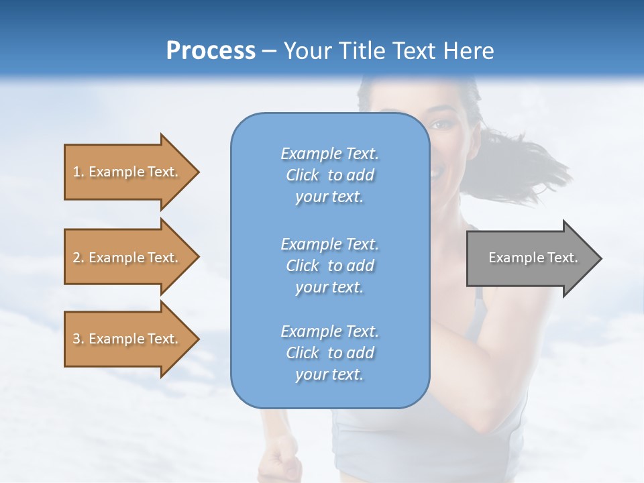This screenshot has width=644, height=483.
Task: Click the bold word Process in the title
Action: [x=211, y=51]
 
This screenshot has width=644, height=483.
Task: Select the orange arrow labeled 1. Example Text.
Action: [x=127, y=172]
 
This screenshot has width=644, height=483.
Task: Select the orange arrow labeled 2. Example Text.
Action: [x=127, y=258]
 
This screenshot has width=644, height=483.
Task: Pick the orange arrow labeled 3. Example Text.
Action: [x=127, y=339]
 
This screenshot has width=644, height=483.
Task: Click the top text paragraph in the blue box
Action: [x=329, y=175]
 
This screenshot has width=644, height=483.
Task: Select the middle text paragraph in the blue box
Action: [x=329, y=266]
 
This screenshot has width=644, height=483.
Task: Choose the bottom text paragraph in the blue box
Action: [x=329, y=353]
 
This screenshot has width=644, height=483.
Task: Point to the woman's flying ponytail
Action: [x=530, y=161]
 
